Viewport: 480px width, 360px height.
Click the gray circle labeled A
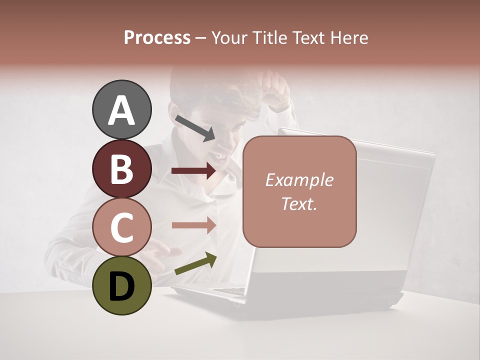tap(122, 109)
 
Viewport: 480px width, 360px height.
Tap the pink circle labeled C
tap(122, 227)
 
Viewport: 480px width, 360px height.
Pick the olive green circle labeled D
tap(122, 285)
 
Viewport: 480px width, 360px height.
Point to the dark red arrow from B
tap(193, 171)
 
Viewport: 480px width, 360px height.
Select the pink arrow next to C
tap(193, 225)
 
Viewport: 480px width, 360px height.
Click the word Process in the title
tap(157, 37)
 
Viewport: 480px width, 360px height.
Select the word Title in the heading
tap(270, 37)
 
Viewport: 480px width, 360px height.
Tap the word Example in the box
tap(299, 180)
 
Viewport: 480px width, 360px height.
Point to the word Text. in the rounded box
tap(299, 203)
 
